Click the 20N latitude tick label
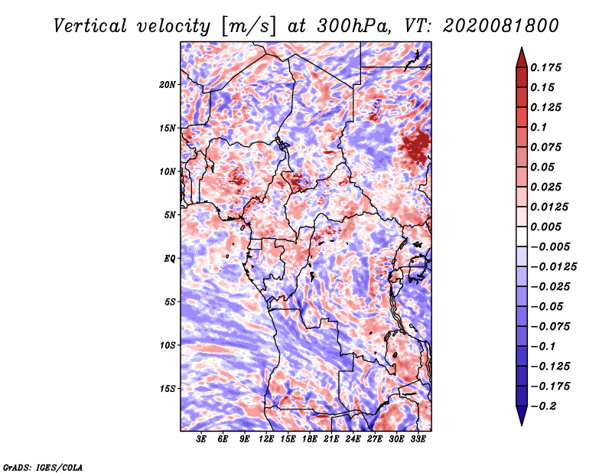coord(167,85)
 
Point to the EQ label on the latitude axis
coord(169,259)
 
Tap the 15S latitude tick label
coord(168,389)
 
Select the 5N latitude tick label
coord(169,215)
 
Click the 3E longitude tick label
coord(201,439)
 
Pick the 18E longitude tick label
coord(310,439)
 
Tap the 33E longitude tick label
coord(418,439)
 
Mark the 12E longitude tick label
coord(266,439)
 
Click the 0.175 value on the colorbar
coord(545,67)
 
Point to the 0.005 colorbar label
coord(545,227)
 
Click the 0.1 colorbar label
coord(539,127)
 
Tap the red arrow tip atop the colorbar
coord(522,48)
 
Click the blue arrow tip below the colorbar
coord(522,425)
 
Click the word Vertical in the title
coord(90,26)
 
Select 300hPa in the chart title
coord(353,26)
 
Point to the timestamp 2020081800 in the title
coord(501,26)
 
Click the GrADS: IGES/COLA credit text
coord(43,467)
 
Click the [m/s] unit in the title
coord(248,27)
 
